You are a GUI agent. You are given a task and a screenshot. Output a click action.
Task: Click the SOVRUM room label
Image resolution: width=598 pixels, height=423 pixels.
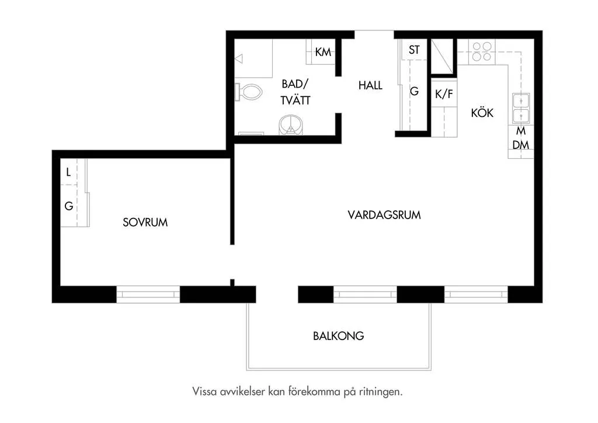point(145,222)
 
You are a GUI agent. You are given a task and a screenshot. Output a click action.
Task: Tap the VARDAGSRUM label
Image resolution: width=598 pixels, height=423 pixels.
point(384,215)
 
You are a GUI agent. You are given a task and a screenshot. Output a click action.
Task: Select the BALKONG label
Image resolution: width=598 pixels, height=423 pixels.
point(338,336)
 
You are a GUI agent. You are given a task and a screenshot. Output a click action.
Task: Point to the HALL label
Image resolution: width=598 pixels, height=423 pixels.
point(370,85)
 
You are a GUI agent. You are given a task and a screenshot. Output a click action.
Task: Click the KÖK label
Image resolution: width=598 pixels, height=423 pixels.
point(482,113)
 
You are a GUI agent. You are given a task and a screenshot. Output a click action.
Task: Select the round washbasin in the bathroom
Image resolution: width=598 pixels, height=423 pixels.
point(291,124)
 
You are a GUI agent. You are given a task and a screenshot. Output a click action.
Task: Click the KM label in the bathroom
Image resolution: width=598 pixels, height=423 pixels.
point(323,52)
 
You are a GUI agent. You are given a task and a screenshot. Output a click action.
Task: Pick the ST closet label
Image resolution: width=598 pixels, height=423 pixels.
point(414,50)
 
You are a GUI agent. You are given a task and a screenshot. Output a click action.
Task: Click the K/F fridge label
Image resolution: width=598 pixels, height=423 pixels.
point(444,94)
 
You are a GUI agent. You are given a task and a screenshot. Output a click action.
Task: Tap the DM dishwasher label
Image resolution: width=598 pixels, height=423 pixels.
point(520,145)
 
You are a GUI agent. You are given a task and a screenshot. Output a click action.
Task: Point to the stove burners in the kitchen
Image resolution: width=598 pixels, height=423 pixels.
point(482,51)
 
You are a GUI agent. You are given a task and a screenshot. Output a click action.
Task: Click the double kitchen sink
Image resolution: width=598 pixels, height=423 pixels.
point(520,108)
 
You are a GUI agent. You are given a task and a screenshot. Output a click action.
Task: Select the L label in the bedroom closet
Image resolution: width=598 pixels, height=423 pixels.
point(68,172)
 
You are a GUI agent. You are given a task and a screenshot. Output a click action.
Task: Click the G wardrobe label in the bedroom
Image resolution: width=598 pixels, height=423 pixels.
point(68,206)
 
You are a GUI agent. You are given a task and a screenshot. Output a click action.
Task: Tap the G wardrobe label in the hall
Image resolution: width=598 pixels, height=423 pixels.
point(414,91)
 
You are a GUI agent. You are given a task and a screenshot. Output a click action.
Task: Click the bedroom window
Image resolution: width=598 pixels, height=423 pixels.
point(148,294)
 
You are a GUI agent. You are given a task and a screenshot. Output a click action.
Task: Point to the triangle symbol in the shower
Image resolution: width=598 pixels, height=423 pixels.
point(238,58)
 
